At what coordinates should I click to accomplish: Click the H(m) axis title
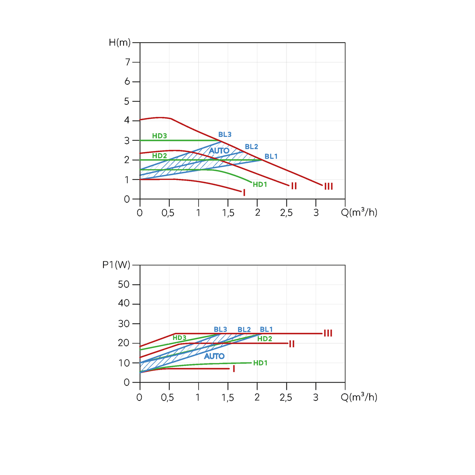[x=119, y=43]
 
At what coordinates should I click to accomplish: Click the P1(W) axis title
[x=116, y=265]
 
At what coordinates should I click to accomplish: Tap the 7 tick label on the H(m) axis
[x=128, y=62]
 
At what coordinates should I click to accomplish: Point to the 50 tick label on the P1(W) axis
[x=124, y=285]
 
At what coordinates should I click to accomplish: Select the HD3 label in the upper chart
[x=160, y=136]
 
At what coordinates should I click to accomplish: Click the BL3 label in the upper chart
[x=225, y=135]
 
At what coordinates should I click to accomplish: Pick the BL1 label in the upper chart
[x=271, y=157]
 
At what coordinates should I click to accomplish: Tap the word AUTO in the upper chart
[x=219, y=151]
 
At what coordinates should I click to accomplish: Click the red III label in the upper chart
[x=328, y=186]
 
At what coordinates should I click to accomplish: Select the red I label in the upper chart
[x=244, y=193]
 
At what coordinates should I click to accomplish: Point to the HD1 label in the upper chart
[x=260, y=184]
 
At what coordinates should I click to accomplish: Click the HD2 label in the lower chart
[x=265, y=339]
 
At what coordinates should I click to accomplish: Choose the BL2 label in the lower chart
[x=244, y=330]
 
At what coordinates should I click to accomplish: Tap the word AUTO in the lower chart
[x=214, y=356]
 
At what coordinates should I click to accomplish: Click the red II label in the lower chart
[x=292, y=344]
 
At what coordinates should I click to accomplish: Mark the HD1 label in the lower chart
[x=260, y=363]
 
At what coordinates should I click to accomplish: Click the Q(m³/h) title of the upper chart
[x=359, y=212]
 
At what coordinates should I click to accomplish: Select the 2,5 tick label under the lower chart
[x=286, y=397]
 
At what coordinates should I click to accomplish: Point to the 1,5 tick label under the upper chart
[x=228, y=213]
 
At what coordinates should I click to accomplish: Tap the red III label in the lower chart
[x=328, y=333]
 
